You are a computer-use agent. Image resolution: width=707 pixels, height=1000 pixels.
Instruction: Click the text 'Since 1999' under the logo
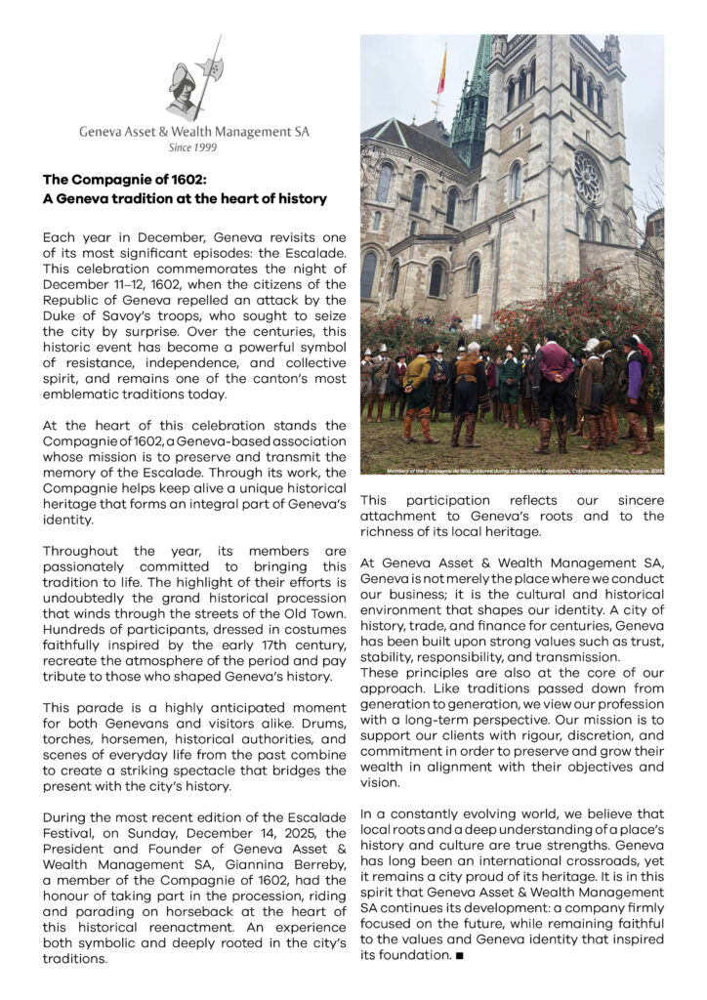click(192, 148)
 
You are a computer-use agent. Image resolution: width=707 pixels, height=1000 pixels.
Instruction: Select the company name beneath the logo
click(193, 132)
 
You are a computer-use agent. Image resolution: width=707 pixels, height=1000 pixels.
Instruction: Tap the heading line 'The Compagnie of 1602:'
click(125, 181)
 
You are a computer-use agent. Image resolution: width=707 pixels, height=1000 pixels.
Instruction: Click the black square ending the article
click(459, 954)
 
